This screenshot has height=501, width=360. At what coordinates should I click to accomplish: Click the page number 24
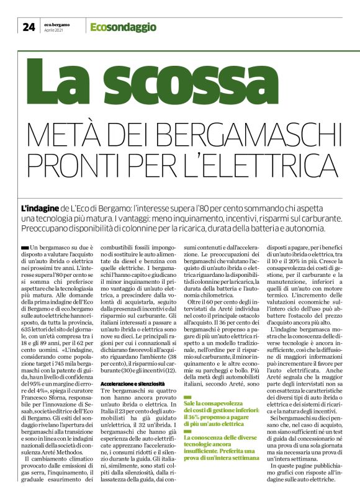click(x=29, y=26)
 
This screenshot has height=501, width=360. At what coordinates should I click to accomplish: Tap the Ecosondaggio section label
click(x=114, y=26)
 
